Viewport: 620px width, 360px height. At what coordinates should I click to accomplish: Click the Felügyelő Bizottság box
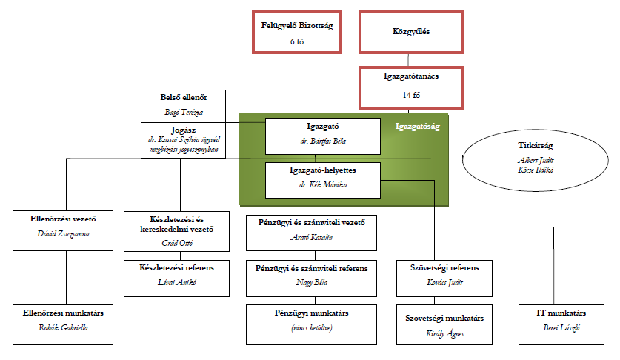297,32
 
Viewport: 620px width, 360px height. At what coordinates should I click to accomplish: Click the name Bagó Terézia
182,113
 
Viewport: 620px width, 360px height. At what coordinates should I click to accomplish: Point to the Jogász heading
182,129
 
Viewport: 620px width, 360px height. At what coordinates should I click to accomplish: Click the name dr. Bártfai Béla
323,141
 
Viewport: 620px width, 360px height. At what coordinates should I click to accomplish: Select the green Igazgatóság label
418,127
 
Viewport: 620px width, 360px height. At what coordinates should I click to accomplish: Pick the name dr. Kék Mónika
323,184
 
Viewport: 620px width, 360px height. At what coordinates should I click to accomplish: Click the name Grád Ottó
181,241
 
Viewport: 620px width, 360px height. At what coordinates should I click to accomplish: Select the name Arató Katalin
311,239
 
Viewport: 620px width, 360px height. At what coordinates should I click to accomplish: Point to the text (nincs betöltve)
311,326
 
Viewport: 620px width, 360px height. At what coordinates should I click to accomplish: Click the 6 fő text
297,41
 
